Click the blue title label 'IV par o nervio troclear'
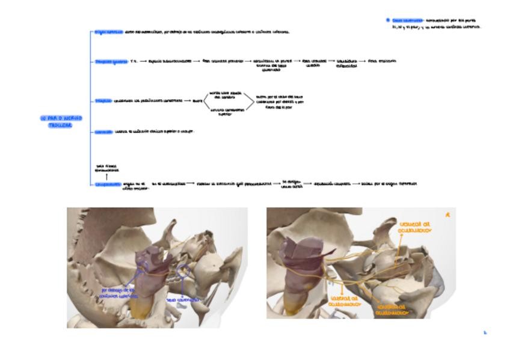[x=61, y=121]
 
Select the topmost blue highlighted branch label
[x=108, y=32]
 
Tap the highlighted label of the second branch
[x=111, y=61]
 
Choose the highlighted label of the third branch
[x=103, y=101]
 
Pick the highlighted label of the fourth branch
[x=103, y=132]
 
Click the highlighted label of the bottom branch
[x=108, y=185]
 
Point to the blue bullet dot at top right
[x=388, y=20]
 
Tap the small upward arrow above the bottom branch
[x=106, y=177]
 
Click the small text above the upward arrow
[x=106, y=168]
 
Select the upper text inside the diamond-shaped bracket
[x=225, y=95]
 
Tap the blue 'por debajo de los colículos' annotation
[x=120, y=293]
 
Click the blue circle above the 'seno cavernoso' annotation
[x=183, y=271]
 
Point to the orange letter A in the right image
[x=447, y=215]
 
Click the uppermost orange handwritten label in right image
[x=416, y=227]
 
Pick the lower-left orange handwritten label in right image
[x=345, y=301]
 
